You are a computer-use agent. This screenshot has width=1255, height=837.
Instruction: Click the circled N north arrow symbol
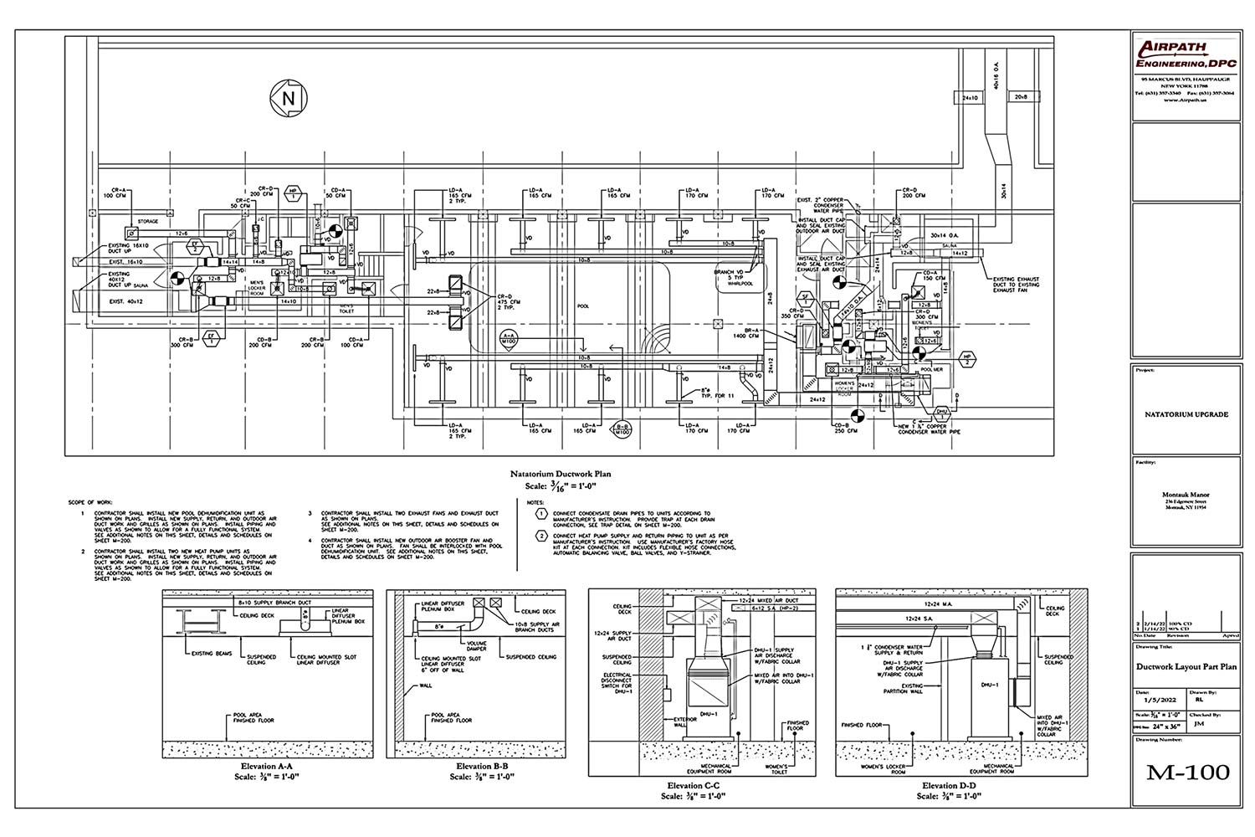click(x=288, y=100)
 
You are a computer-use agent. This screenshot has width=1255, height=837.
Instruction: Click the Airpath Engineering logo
click(x=1185, y=56)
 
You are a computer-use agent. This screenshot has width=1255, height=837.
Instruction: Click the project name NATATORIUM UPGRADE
click(x=1186, y=414)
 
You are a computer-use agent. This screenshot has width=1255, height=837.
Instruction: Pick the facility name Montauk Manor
click(x=1186, y=495)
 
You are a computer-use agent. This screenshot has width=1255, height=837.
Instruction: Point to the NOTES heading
click(x=535, y=503)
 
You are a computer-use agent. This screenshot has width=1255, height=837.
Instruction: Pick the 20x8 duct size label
click(x=1021, y=97)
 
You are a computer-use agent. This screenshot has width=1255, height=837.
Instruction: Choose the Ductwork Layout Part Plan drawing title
click(x=1186, y=667)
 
